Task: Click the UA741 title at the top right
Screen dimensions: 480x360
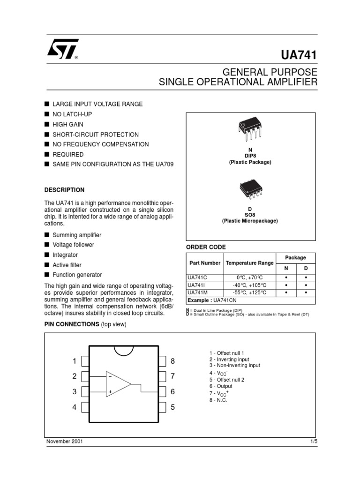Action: pos(299,55)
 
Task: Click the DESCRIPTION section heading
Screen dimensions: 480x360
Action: pos(64,190)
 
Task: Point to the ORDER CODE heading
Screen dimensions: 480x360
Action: pos(206,247)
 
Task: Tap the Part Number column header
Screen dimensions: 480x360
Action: pos(204,263)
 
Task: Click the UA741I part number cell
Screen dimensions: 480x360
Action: pos(195,285)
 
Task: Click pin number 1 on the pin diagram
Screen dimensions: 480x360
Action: pos(74,361)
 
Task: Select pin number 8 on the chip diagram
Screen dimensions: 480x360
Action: pos(172,361)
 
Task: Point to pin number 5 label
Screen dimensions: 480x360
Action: pos(172,407)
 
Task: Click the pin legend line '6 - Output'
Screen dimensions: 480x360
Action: pos(221,386)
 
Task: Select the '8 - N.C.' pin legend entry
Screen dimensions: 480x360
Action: pos(218,400)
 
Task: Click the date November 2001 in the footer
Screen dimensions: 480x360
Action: pos(65,442)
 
